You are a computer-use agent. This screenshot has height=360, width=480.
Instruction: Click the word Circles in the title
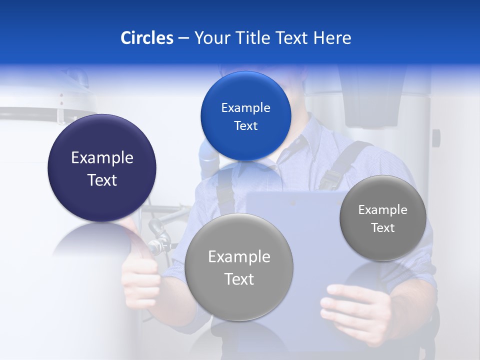click(146, 38)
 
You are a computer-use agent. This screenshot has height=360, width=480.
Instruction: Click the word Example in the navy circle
click(102, 158)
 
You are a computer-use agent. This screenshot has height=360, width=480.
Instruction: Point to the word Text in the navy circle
click(102, 180)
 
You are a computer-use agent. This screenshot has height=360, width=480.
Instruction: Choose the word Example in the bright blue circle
click(245, 108)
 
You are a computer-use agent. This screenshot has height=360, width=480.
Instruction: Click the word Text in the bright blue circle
click(245, 126)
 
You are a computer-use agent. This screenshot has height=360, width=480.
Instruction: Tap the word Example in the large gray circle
click(239, 257)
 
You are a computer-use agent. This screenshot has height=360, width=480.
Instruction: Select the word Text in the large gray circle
click(239, 279)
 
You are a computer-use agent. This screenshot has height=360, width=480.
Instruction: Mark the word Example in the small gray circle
click(383, 210)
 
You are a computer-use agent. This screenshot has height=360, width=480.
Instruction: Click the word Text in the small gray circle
click(383, 228)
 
